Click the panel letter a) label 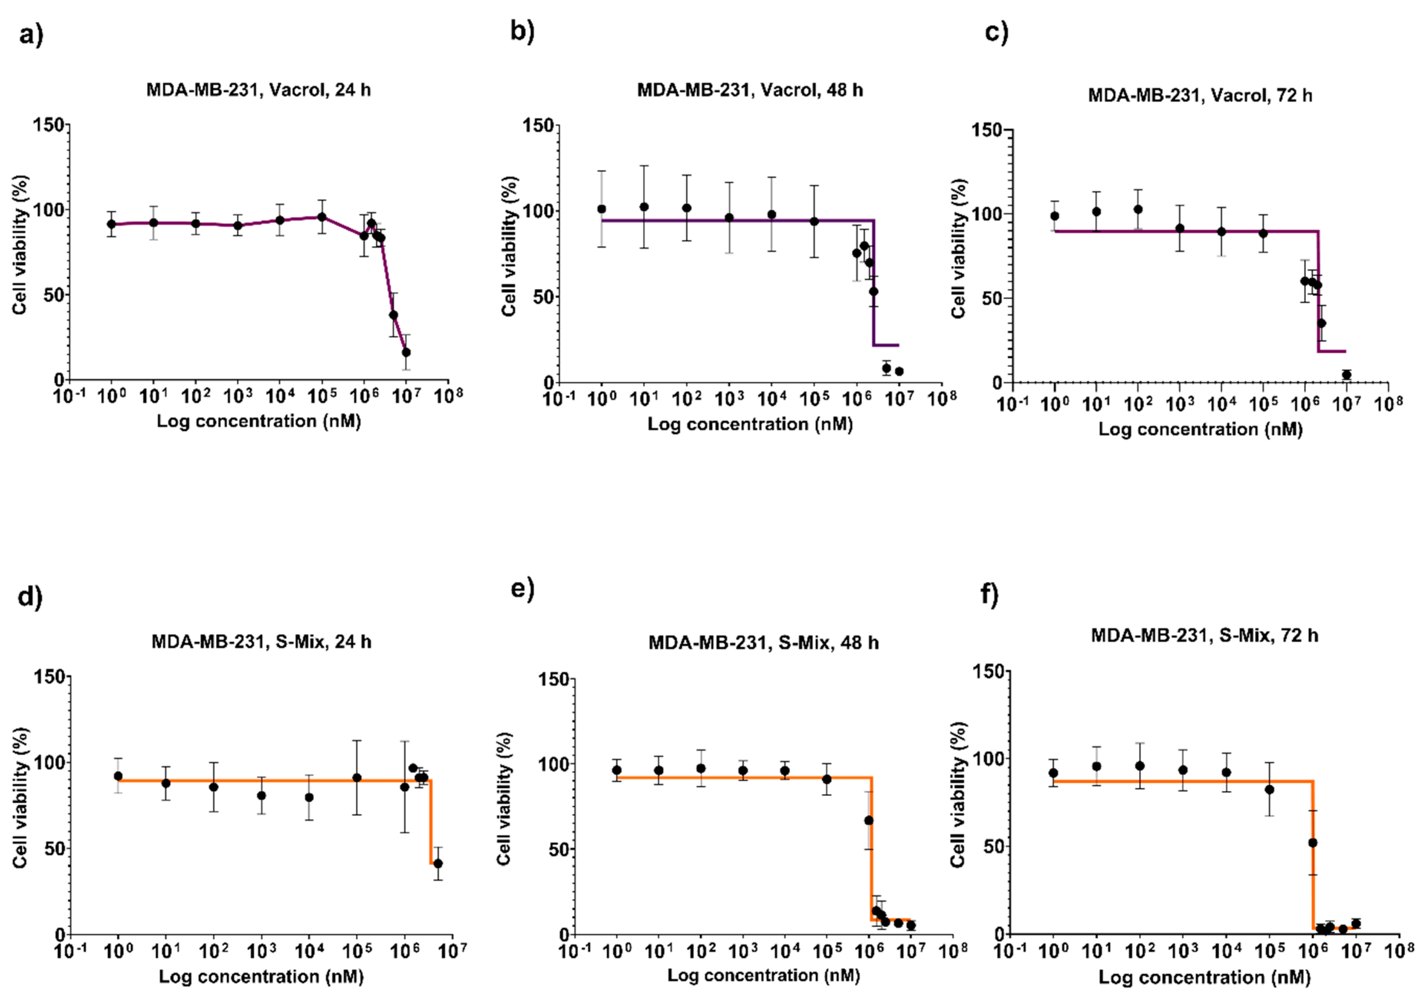coord(31,35)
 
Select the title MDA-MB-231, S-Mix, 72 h coord(1204,636)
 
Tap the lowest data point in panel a coord(406,352)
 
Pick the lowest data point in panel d coord(438,863)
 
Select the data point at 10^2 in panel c coord(1137,209)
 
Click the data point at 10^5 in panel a coord(322,217)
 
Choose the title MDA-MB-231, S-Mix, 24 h coord(261,641)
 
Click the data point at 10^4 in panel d coord(309,797)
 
